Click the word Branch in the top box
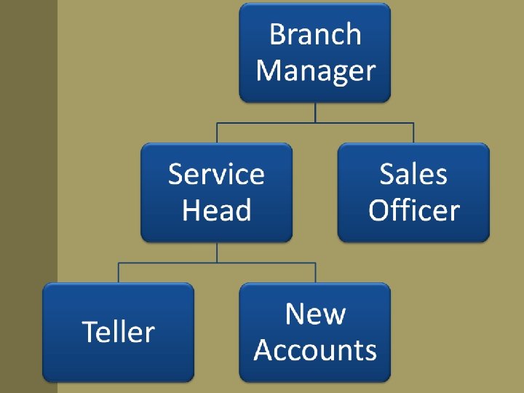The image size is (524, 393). point(315,35)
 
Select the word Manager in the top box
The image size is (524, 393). point(315,71)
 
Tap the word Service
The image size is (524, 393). point(216,175)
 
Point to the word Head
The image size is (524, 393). point(216,210)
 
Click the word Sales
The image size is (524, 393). point(413,175)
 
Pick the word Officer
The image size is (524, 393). point(413,210)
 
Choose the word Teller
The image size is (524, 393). point(118,332)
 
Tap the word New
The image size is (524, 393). point(315,314)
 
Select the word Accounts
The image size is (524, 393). point(315,350)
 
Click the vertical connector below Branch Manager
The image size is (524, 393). point(315,112)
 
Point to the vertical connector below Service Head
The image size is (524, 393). point(216,252)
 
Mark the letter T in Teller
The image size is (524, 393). point(90,332)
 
